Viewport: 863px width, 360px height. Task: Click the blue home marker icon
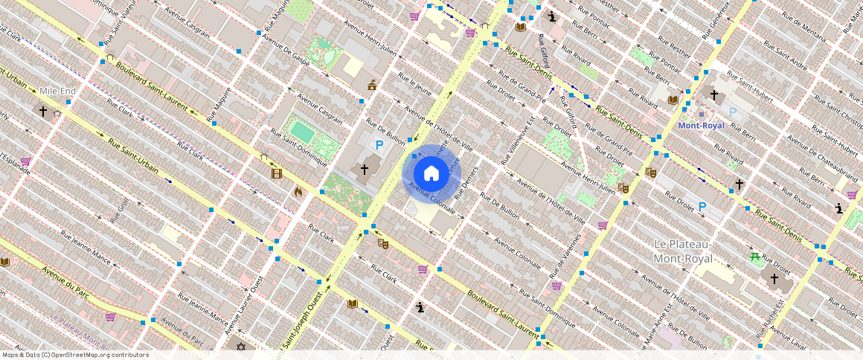click(x=431, y=174)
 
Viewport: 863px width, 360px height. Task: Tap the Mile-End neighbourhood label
click(x=58, y=91)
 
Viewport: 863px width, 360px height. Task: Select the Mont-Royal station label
click(x=701, y=126)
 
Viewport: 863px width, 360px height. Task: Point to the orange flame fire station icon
click(x=298, y=192)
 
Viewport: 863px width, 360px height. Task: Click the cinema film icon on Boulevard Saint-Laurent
click(x=277, y=173)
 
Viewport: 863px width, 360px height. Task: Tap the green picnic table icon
click(x=755, y=257)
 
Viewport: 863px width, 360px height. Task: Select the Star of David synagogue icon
click(x=240, y=347)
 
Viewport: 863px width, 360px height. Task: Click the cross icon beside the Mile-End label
click(x=43, y=112)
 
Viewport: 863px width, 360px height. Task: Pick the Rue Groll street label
click(x=120, y=211)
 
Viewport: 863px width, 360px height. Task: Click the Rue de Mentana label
click(x=803, y=23)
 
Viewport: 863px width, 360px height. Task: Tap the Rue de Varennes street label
click(x=567, y=254)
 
